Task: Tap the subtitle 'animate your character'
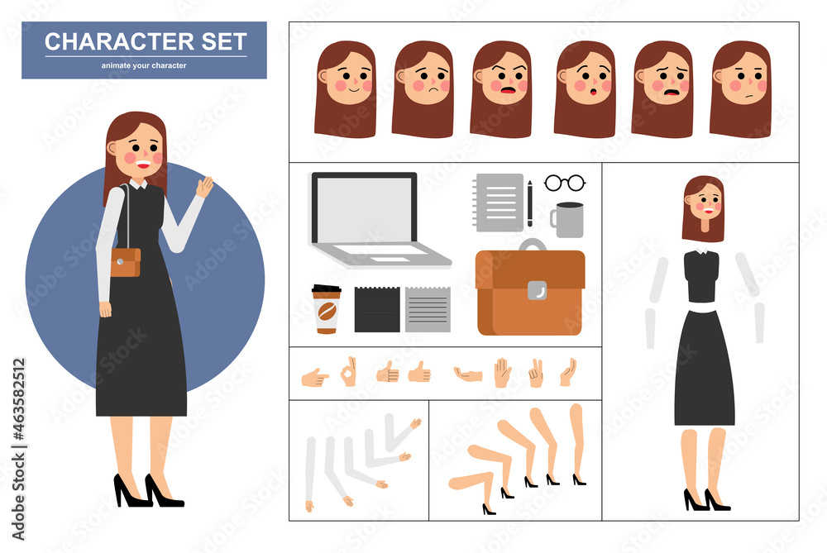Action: [x=144, y=65]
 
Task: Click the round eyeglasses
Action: [x=565, y=183]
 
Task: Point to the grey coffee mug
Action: [x=568, y=220]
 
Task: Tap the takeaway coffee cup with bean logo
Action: [x=326, y=309]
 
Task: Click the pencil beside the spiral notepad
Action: [x=529, y=203]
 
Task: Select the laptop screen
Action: [x=364, y=209]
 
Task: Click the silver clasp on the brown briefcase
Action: [x=537, y=290]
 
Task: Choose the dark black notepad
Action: [x=377, y=309]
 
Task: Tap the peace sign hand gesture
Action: [x=536, y=373]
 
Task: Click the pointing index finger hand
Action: [x=314, y=378]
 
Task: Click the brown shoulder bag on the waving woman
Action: [x=126, y=262]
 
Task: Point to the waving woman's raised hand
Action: [x=204, y=186]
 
